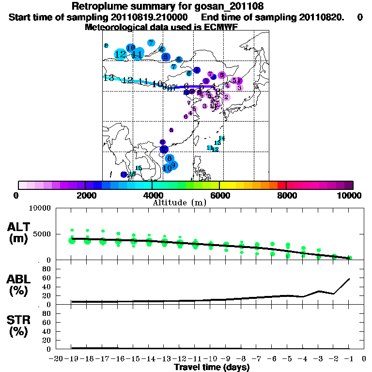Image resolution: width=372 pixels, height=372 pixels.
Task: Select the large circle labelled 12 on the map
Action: tap(121, 54)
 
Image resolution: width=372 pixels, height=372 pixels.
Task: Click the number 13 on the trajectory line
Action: tap(108, 77)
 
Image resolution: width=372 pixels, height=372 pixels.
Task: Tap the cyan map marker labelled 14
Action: tap(222, 139)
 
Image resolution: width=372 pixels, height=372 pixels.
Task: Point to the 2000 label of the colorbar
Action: tap(85, 195)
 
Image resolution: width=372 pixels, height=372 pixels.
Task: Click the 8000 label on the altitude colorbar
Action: tap(286, 195)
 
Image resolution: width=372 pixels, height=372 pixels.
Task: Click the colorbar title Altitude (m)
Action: tap(179, 202)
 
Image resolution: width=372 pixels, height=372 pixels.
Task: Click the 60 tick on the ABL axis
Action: tap(47, 278)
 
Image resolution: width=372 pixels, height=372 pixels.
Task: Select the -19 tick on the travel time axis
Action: tap(72, 358)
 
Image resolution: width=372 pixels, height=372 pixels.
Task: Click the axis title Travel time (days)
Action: tap(212, 368)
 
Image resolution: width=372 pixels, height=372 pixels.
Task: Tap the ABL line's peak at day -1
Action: tap(349, 279)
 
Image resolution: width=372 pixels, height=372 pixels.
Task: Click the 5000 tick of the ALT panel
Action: tap(42, 234)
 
